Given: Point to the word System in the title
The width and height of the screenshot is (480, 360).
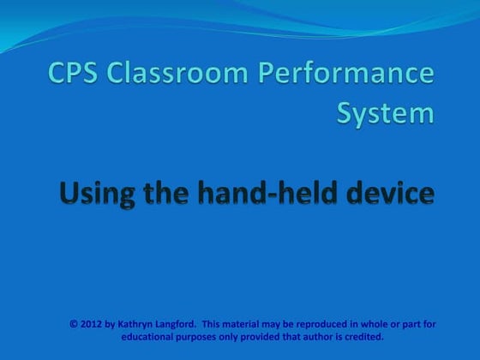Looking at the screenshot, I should (385, 113).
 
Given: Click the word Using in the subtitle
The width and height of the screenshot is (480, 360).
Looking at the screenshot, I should (92, 194).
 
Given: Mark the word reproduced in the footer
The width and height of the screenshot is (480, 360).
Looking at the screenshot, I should (330, 324).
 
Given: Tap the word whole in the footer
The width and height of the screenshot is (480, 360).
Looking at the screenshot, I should (379, 324).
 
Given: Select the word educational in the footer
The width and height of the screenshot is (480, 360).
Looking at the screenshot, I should (149, 337).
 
